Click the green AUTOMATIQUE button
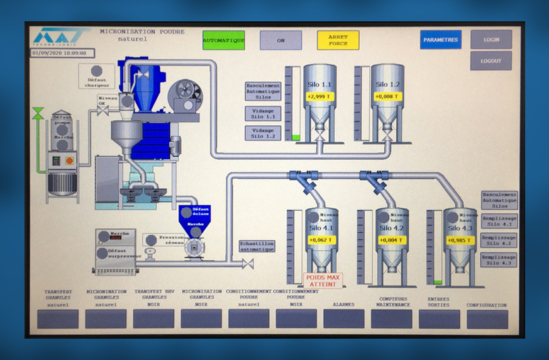pyautogui.click(x=223, y=40)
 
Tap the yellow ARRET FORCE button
pyautogui.click(x=338, y=40)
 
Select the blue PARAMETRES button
pyautogui.click(x=441, y=40)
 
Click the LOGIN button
pyautogui.click(x=491, y=40)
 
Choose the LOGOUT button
pyautogui.click(x=491, y=61)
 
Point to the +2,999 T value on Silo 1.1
pyautogui.click(x=319, y=96)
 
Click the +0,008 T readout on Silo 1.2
pyautogui.click(x=387, y=96)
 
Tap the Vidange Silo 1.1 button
pyautogui.click(x=263, y=113)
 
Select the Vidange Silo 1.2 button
pyautogui.click(x=263, y=133)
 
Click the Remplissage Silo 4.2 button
pyautogui.click(x=499, y=240)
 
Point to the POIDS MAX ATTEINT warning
pyautogui.click(x=323, y=280)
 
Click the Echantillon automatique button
pyautogui.click(x=257, y=246)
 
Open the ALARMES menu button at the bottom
pyautogui.click(x=343, y=318)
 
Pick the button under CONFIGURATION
pyautogui.click(x=487, y=318)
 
